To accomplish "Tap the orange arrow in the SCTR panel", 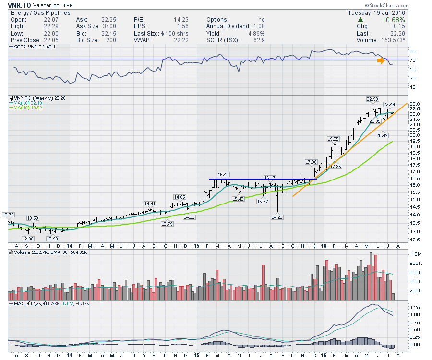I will (381, 60).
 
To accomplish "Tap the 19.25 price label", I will (333, 139).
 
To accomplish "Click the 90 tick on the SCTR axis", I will (412, 51).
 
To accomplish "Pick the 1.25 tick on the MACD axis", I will (414, 306).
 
